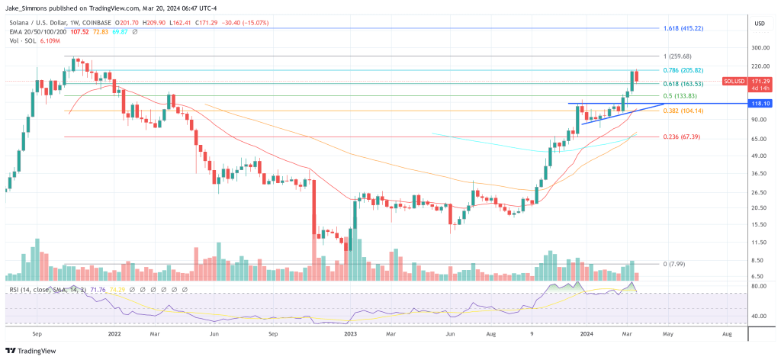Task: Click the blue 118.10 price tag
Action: click(x=759, y=103)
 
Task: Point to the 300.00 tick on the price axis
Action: click(x=759, y=47)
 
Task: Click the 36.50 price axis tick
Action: click(x=759, y=174)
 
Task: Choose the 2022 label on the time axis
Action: click(x=116, y=334)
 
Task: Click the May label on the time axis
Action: click(x=667, y=334)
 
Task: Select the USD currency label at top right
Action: click(x=759, y=24)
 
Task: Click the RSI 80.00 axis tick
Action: click(x=759, y=286)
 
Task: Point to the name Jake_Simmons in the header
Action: click(x=26, y=6)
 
